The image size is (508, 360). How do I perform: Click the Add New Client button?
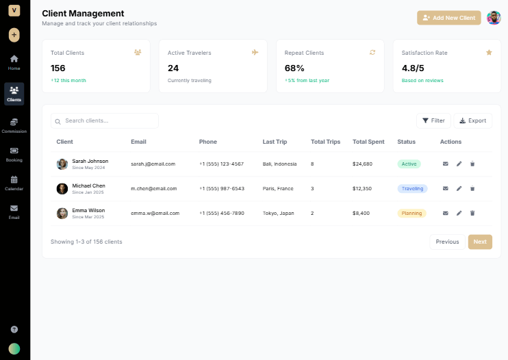[449, 18]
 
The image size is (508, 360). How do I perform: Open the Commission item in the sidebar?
[14, 125]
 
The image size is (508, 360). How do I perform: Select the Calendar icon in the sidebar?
[14, 182]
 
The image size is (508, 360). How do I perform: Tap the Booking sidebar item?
[14, 153]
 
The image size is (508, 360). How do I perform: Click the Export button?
[472, 120]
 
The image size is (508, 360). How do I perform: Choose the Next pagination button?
[480, 242]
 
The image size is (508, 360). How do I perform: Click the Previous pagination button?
[447, 242]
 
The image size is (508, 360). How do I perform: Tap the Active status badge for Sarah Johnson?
[409, 164]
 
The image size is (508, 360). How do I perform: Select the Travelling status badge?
[412, 189]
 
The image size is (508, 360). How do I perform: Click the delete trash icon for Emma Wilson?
[472, 214]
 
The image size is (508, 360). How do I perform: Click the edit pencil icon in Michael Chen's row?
[459, 189]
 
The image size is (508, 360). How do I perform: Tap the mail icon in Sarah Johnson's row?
[445, 164]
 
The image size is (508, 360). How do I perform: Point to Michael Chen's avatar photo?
[62, 189]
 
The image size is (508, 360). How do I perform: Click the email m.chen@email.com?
[153, 189]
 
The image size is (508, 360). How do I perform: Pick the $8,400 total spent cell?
[361, 214]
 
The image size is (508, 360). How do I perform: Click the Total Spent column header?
[368, 142]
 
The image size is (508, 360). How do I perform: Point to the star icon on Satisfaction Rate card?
[489, 52]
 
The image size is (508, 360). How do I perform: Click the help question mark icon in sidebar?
[14, 329]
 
